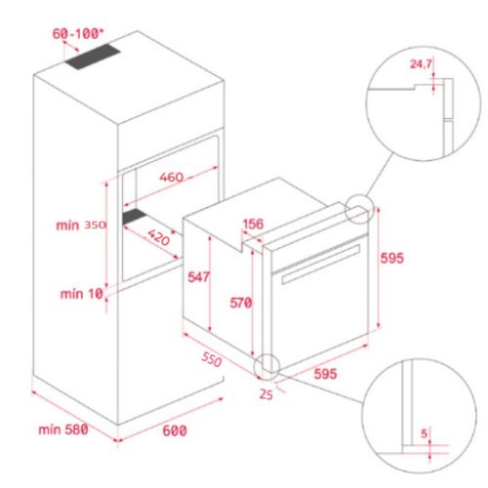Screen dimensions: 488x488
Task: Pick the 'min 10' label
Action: (x=81, y=293)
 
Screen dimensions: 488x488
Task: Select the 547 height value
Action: (x=198, y=278)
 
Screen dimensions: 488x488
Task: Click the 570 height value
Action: (x=240, y=303)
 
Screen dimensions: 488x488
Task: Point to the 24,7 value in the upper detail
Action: (x=423, y=64)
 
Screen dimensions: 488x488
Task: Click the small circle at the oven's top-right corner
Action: (x=359, y=209)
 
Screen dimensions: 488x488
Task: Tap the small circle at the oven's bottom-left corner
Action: (x=264, y=366)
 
